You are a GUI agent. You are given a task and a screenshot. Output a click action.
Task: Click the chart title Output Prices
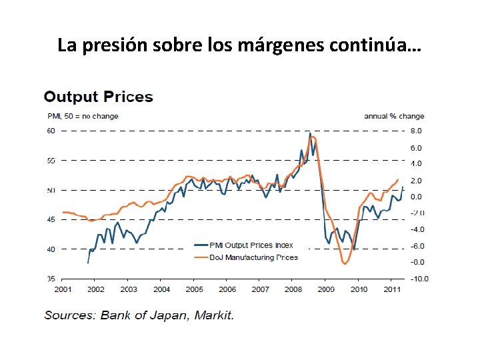98,97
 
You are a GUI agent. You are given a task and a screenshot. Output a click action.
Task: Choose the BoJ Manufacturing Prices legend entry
247,257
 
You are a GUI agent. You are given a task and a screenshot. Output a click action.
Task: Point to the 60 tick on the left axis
51,131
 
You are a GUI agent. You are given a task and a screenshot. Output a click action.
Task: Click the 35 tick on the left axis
51,279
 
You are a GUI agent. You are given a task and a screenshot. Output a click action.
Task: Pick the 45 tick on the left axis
51,220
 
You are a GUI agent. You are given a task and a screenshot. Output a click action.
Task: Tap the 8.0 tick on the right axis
416,131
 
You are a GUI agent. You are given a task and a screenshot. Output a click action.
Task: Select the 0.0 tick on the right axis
416,197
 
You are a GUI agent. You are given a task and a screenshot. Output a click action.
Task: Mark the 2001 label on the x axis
63,289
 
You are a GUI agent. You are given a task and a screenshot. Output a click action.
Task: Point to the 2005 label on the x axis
194,289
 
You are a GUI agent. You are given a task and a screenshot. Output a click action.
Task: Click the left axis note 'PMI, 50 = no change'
81,117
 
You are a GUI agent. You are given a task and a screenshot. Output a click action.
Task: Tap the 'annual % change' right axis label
393,117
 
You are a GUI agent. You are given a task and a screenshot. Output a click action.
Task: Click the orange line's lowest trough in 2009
345,264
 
